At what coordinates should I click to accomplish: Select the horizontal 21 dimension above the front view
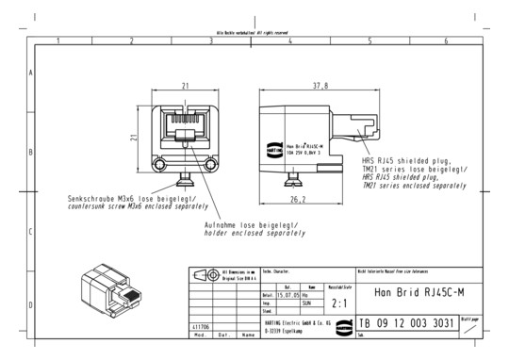[x=185, y=86]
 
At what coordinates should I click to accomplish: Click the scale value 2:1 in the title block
[x=339, y=303]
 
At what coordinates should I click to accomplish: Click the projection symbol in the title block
[x=205, y=276]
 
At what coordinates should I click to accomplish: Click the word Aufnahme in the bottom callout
[x=221, y=225]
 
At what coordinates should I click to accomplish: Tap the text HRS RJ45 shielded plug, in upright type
[x=412, y=160]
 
